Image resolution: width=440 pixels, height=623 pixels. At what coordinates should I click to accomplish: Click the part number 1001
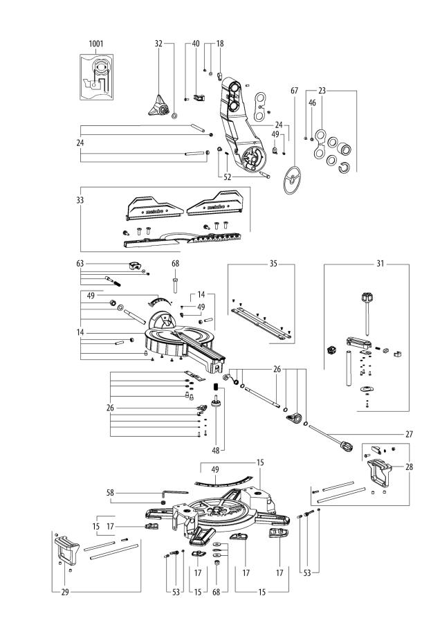[x=95, y=43]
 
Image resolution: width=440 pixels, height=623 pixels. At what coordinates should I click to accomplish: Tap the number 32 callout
[x=158, y=43]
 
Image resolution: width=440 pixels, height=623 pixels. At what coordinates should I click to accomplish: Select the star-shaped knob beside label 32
[x=158, y=106]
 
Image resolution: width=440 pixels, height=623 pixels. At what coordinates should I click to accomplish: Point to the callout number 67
[x=294, y=91]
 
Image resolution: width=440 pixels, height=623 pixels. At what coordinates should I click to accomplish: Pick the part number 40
[x=195, y=43]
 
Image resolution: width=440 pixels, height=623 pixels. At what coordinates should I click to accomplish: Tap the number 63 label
[x=80, y=264]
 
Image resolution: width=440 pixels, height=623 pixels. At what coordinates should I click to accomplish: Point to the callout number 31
[x=378, y=264]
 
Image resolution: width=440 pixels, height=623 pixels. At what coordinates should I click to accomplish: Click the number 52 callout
[x=227, y=177]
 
